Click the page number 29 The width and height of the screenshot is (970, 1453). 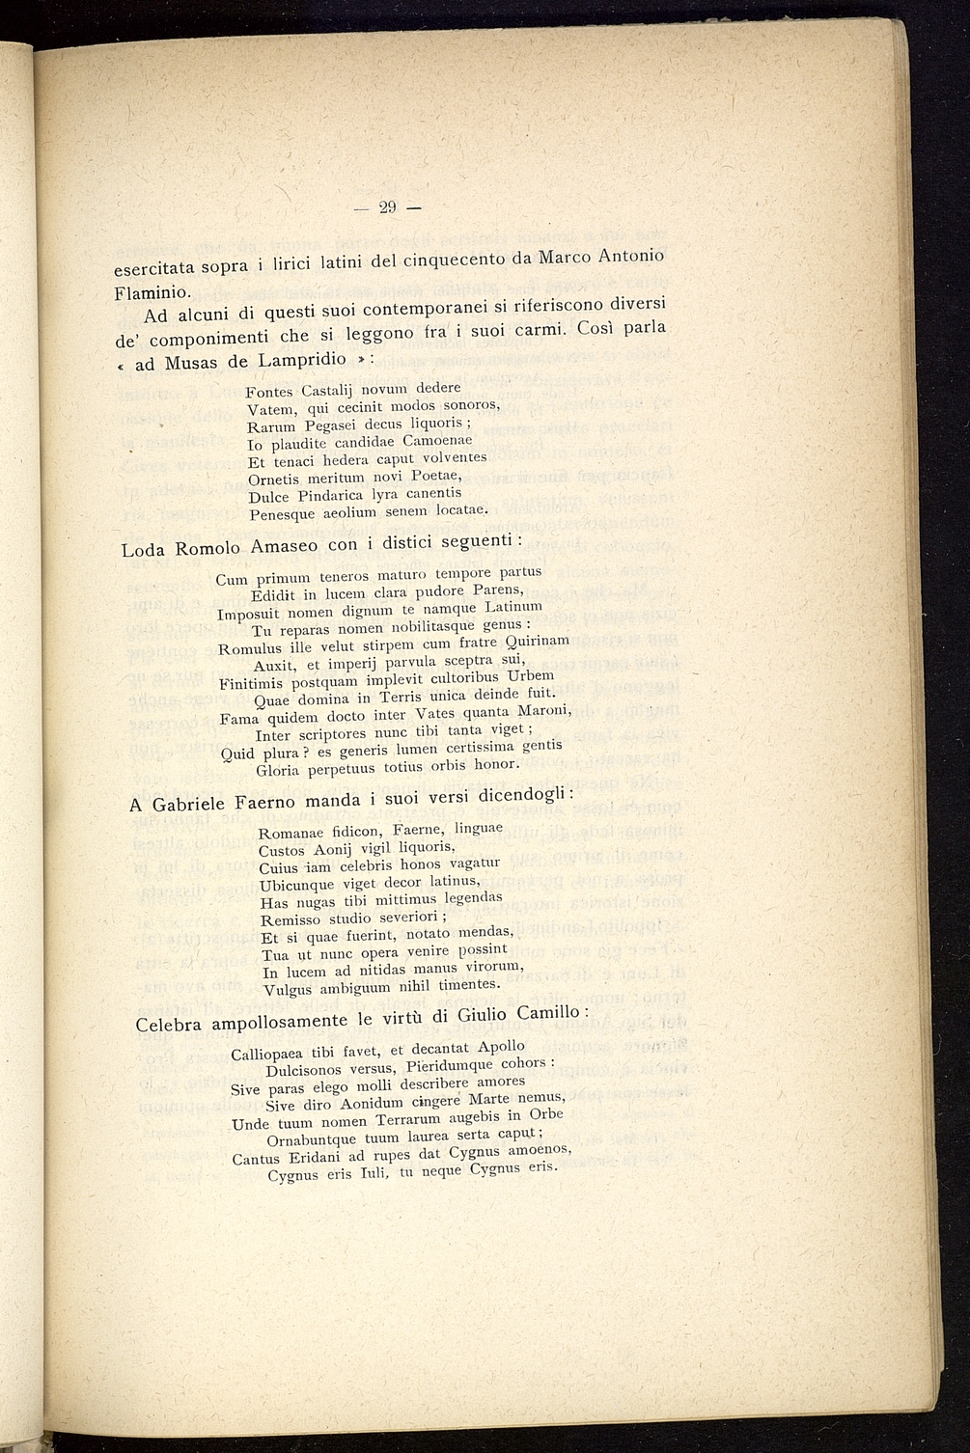388,206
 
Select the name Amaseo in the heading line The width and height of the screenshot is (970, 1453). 282,545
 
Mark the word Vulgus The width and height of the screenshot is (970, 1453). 287,989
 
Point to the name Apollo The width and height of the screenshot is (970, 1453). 501,1046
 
